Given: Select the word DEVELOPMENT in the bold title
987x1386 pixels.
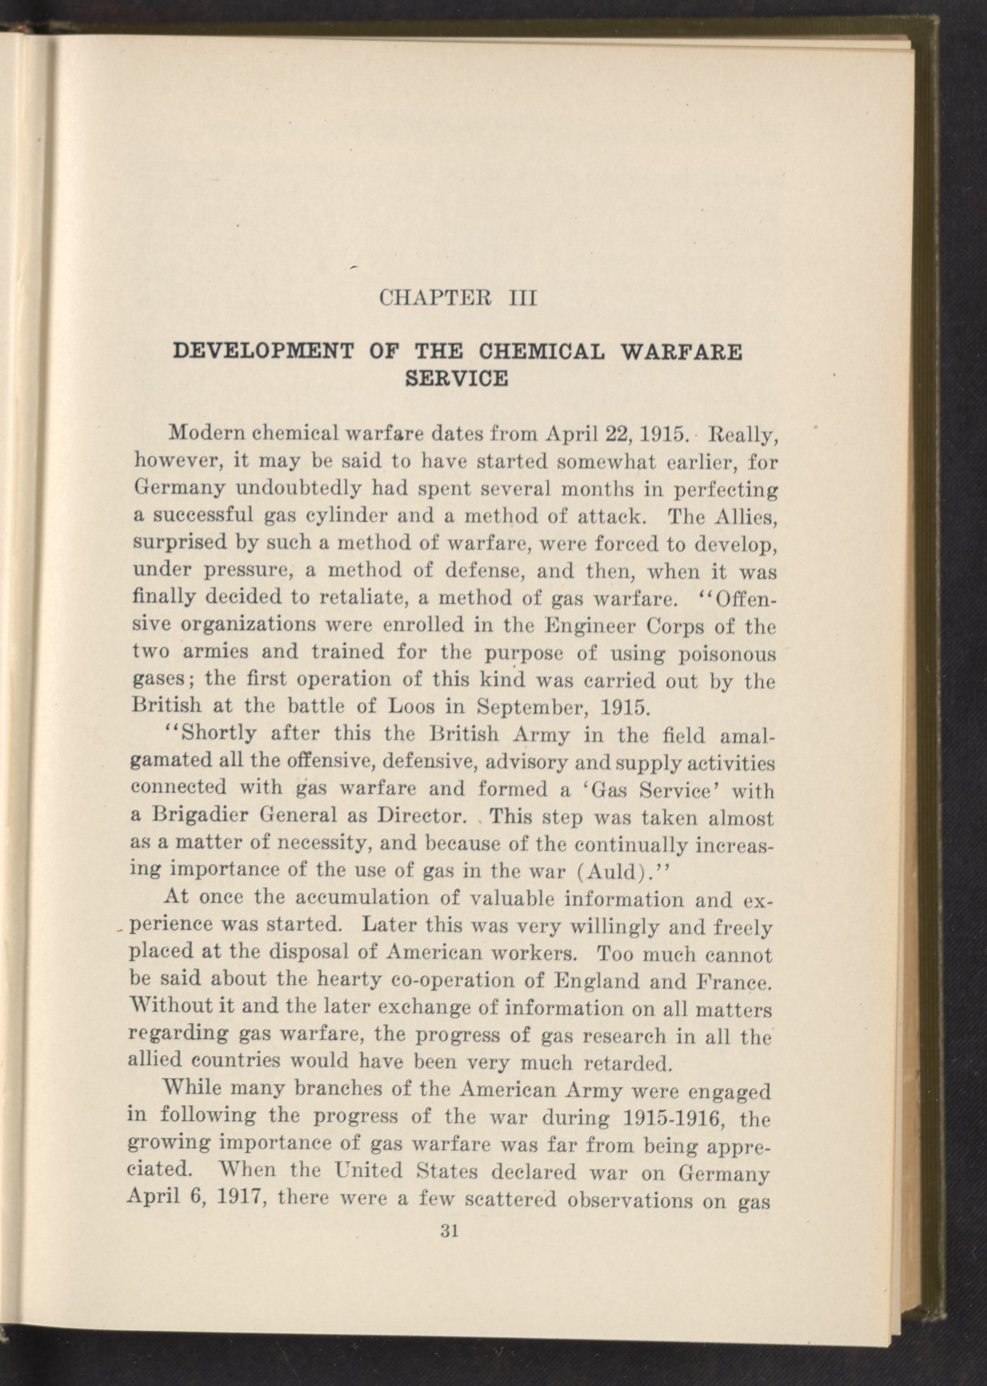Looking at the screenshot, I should click(263, 352).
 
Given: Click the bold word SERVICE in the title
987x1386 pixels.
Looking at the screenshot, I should click(457, 378).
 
